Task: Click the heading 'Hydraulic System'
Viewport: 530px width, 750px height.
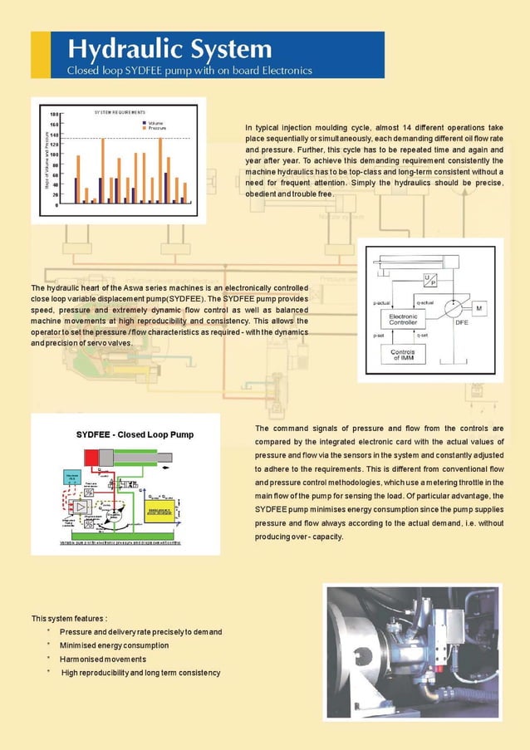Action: pos(169,48)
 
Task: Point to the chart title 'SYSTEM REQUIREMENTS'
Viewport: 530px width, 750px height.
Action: pos(120,111)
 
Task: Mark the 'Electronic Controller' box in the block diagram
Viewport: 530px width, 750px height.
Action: pos(403,318)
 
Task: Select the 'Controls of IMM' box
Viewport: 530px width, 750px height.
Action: pos(403,355)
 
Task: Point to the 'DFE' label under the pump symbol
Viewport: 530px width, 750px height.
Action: pos(461,324)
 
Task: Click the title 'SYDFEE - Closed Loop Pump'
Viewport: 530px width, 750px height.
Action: pos(123,434)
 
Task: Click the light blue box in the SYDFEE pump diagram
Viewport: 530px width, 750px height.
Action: pos(71,478)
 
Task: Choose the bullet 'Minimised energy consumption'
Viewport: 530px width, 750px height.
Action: pos(114,645)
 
